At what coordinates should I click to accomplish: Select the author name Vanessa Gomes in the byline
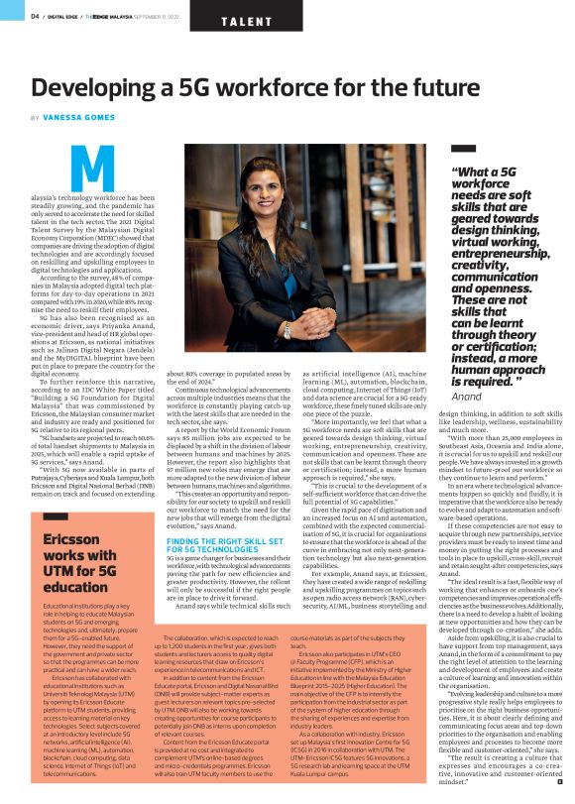[x=73, y=117]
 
